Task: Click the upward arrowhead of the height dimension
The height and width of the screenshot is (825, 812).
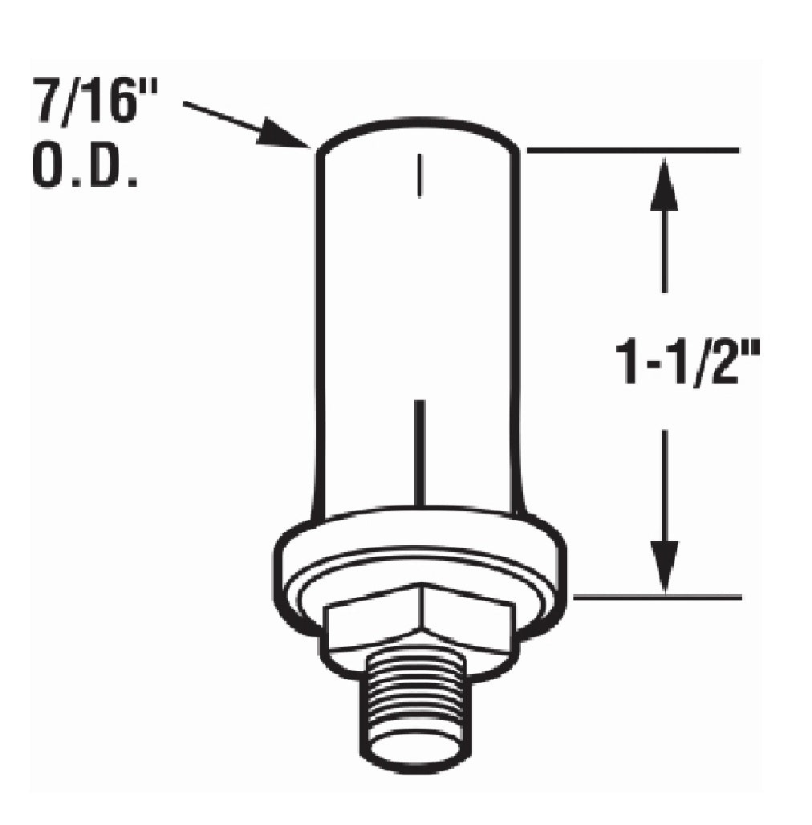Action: pos(664,183)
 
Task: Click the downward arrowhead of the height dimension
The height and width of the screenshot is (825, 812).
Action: pos(664,566)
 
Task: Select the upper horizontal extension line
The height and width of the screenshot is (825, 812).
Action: pos(632,151)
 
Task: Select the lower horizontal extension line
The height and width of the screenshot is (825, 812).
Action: pos(657,597)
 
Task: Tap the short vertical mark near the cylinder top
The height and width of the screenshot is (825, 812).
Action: pos(419,175)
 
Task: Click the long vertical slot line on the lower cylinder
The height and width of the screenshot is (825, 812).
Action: pos(419,453)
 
